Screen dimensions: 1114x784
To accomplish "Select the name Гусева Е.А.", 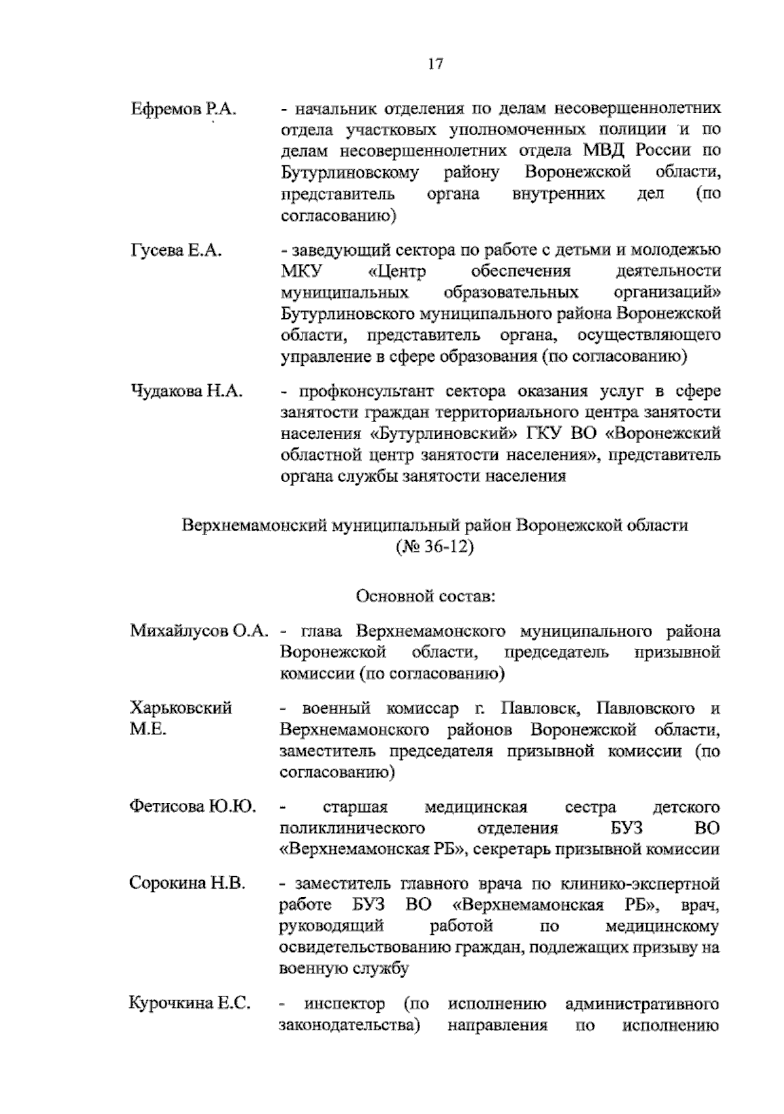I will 176,250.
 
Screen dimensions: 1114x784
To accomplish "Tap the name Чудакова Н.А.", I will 187,391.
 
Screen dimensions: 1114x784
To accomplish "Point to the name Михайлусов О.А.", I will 199,631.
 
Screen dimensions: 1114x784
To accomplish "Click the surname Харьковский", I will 181,708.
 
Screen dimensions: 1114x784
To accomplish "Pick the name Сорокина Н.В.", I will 188,884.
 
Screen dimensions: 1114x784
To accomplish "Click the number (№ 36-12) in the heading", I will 434,546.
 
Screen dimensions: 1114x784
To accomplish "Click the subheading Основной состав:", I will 426,596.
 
